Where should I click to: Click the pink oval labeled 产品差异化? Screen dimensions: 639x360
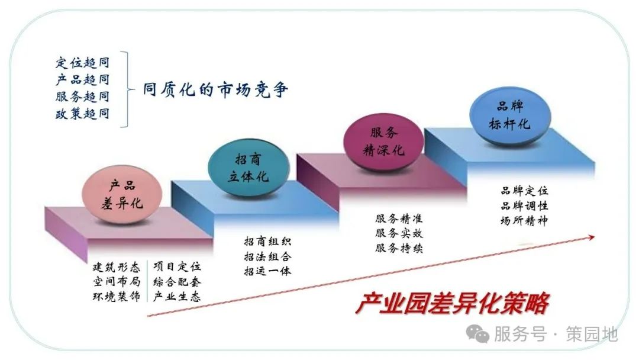[121, 194]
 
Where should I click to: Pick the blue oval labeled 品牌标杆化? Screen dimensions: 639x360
[510, 116]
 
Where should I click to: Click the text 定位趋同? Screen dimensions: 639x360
[83, 63]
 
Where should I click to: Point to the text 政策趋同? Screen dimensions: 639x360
[83, 113]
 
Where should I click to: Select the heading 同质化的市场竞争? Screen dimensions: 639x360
[215, 89]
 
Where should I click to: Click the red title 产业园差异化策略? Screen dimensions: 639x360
[452, 303]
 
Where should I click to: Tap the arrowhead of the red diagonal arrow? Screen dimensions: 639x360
[591, 237]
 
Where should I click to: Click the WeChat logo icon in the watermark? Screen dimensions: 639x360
[477, 334]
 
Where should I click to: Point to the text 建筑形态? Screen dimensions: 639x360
[117, 267]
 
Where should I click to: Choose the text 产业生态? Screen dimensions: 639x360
[177, 297]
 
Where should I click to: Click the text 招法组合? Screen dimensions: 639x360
[268, 256]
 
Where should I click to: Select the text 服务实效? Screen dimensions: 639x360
[399, 233]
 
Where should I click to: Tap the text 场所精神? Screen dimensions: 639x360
[524, 221]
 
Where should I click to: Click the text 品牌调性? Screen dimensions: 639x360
[524, 205]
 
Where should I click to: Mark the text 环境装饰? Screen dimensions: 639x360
[117, 297]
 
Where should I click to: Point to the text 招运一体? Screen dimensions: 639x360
[268, 271]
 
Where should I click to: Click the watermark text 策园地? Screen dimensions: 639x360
[592, 335]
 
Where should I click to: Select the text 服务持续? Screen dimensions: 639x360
[399, 248]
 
